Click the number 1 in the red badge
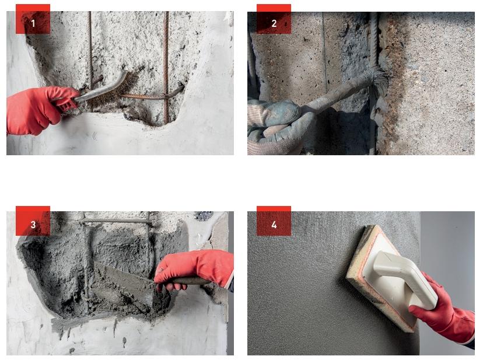point(33,23)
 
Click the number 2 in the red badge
point(274,23)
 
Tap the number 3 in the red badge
point(33,225)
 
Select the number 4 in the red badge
point(274,225)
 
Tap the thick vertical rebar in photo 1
point(166,67)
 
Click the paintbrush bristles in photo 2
point(380,81)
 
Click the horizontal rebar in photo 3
point(116,221)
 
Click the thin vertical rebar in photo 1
point(90,49)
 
